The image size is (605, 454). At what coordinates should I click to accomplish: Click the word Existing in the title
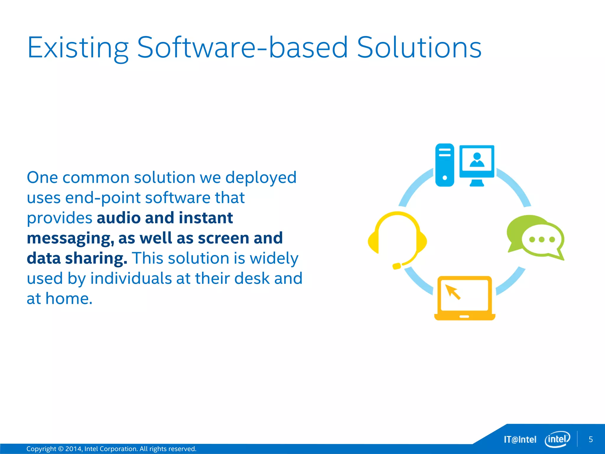(78, 48)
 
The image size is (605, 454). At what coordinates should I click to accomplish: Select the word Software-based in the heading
(242, 48)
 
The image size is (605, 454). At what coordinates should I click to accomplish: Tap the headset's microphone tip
(396, 266)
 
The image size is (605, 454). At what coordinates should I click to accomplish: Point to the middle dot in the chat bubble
(541, 240)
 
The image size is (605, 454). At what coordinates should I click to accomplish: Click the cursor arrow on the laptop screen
(453, 292)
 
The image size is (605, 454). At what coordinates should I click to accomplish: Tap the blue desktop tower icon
(445, 165)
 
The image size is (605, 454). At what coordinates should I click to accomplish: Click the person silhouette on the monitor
(477, 160)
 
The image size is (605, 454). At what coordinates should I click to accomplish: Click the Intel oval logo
(557, 439)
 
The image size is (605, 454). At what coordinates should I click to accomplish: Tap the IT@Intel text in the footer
(520, 440)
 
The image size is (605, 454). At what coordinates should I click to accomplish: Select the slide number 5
(591, 440)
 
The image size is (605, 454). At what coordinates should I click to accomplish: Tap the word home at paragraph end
(69, 299)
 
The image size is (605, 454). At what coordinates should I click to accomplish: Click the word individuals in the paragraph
(131, 279)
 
